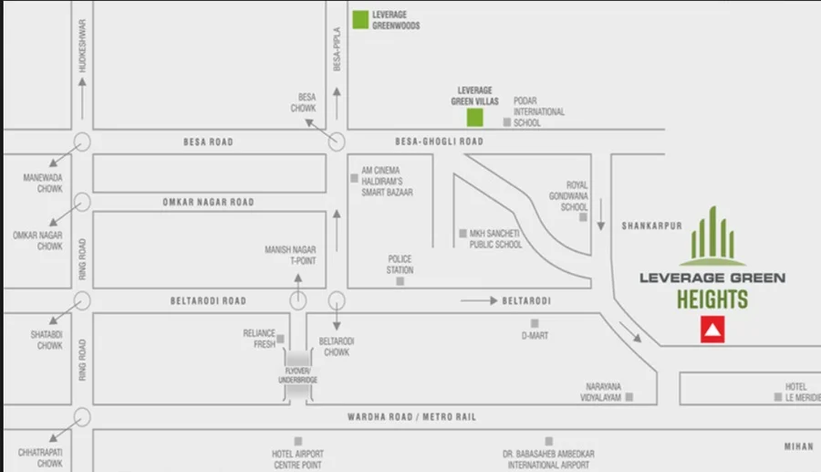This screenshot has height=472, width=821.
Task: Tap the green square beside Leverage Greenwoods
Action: [x=360, y=20]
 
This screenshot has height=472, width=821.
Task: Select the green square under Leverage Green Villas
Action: [x=474, y=117]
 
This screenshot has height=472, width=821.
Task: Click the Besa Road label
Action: [x=208, y=142]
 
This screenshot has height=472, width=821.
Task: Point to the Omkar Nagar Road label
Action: [x=208, y=202]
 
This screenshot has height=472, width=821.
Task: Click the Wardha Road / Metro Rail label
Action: [x=411, y=417]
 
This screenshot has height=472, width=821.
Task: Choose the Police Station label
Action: [x=400, y=265]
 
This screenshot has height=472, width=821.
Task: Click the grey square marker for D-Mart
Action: [x=535, y=323]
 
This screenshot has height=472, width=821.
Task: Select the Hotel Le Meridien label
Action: [x=795, y=392]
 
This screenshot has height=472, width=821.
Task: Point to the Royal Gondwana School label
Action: [x=575, y=195]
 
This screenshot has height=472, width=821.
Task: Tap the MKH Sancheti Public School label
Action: [x=495, y=239]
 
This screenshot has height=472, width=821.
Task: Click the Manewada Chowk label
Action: [x=43, y=183]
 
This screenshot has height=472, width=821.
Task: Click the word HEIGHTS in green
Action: [x=712, y=299]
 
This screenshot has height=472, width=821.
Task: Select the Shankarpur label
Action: [x=652, y=226]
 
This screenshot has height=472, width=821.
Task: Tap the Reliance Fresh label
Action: [x=259, y=338]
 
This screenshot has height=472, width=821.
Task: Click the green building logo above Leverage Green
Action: [x=712, y=236]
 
